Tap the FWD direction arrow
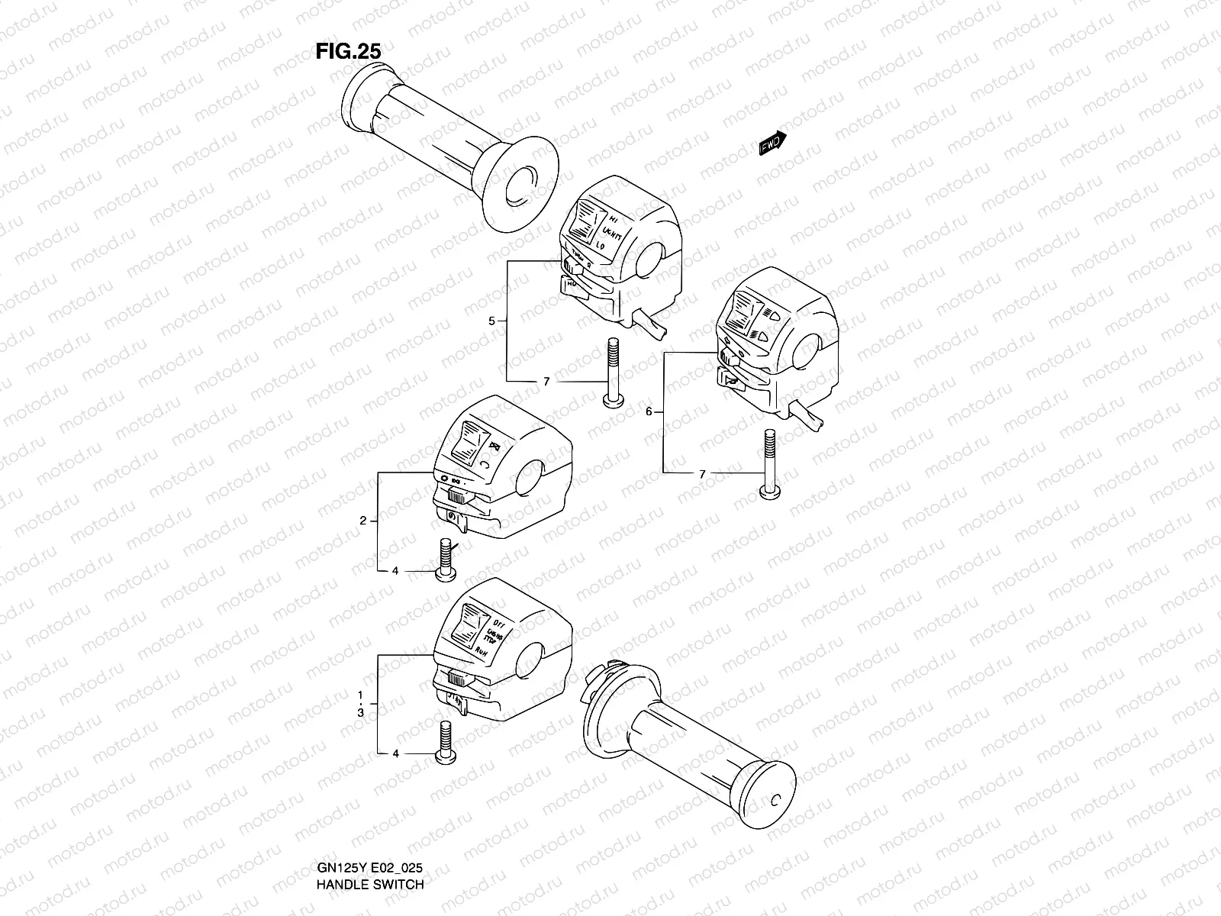tap(772, 144)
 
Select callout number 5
tap(492, 321)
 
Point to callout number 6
tap(649, 412)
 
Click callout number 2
tap(363, 521)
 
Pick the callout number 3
tap(363, 712)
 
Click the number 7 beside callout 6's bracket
tap(702, 474)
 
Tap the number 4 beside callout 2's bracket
tap(395, 570)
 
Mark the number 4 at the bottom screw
tap(395, 753)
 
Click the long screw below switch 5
tap(611, 374)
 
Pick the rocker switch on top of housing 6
tap(746, 313)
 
